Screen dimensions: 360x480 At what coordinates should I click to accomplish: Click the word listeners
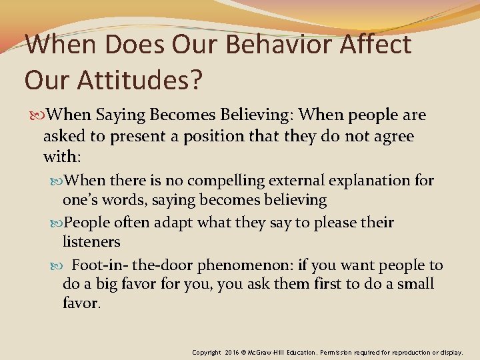(x=91, y=242)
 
